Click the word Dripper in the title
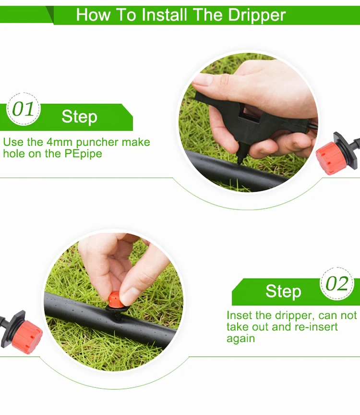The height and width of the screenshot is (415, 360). (x=257, y=15)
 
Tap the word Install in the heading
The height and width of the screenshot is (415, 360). (x=164, y=14)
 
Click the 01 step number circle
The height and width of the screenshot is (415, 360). (x=23, y=109)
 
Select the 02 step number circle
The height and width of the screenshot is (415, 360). (x=337, y=283)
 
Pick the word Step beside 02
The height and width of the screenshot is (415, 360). (x=283, y=291)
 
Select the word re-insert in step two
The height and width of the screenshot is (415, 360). (x=316, y=327)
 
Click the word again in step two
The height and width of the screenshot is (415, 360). (x=240, y=339)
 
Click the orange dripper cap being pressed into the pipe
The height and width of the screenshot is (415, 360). (x=116, y=300)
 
